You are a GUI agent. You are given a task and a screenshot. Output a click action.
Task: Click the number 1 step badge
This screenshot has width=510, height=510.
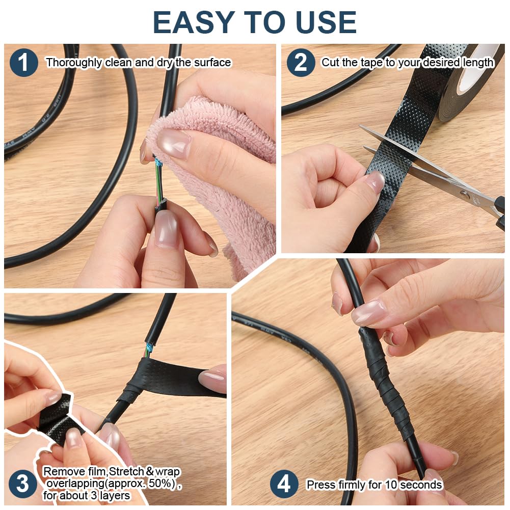[24, 63]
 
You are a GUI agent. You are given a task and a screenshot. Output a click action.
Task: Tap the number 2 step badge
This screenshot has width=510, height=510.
[301, 63]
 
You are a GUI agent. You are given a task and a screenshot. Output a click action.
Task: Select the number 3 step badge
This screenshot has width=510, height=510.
[22, 484]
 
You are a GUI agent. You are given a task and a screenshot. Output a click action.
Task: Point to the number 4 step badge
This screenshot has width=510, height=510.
[284, 484]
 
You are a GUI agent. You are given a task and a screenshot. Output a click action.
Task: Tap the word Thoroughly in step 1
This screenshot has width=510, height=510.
[74, 63]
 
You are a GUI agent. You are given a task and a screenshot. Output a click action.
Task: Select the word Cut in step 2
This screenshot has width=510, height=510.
[330, 62]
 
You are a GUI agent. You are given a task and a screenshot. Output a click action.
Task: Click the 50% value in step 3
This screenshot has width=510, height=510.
[160, 484]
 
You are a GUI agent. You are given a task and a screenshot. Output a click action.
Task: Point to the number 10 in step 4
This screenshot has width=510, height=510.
[391, 485]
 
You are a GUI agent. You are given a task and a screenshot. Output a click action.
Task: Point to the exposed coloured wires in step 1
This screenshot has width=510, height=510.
[159, 180]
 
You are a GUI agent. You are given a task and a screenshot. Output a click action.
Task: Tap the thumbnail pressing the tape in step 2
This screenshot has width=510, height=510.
[375, 181]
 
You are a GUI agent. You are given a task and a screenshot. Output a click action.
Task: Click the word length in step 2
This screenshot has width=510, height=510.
[478, 62]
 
